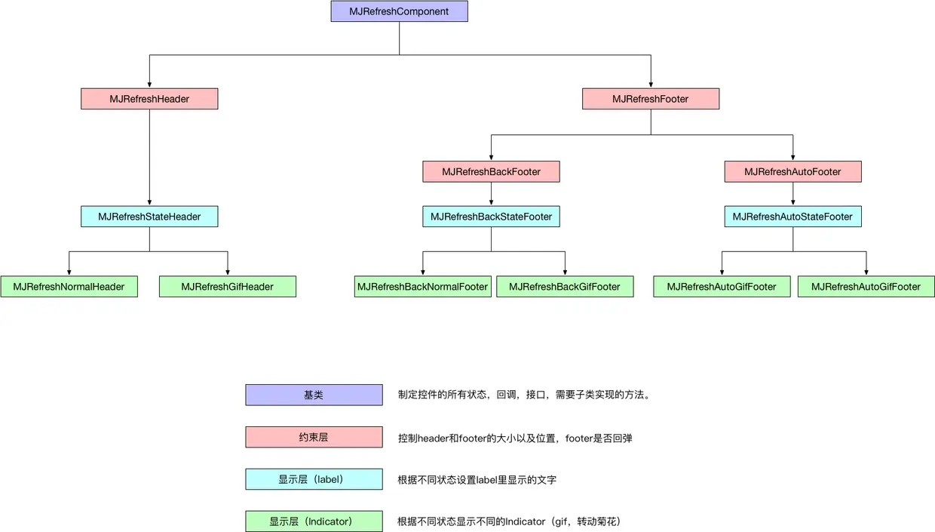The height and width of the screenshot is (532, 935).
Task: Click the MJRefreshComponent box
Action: [x=399, y=11]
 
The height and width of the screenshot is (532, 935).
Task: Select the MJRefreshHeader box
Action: [x=149, y=99]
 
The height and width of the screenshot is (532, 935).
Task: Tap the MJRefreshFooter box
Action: [x=651, y=99]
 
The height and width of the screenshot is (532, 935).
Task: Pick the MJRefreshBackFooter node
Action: [x=491, y=172]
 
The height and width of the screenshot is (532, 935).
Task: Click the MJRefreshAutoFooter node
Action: [x=792, y=172]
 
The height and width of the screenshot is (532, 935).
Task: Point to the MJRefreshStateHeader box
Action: [x=149, y=217]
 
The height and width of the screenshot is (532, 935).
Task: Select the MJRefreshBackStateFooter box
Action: [x=491, y=217]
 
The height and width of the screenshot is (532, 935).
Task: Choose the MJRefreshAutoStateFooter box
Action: [x=792, y=217]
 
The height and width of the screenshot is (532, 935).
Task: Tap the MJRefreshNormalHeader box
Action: [x=69, y=287]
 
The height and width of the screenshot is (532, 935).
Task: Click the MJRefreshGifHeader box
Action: [x=227, y=287]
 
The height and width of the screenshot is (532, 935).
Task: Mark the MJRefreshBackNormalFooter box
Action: [x=422, y=287]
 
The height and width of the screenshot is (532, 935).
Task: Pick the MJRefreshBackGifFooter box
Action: [x=564, y=287]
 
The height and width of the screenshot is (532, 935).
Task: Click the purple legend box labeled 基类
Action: [x=314, y=395]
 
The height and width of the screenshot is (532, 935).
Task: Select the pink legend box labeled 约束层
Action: [x=314, y=437]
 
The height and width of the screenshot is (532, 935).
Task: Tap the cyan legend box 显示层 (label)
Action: [x=314, y=479]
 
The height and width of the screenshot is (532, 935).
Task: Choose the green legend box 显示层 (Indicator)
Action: [x=314, y=521]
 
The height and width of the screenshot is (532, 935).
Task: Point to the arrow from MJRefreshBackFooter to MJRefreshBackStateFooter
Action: [x=491, y=194]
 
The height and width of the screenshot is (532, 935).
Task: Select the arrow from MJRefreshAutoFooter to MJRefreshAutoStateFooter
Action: [x=792, y=194]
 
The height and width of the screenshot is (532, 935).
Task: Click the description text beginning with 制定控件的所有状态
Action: [x=524, y=395]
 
